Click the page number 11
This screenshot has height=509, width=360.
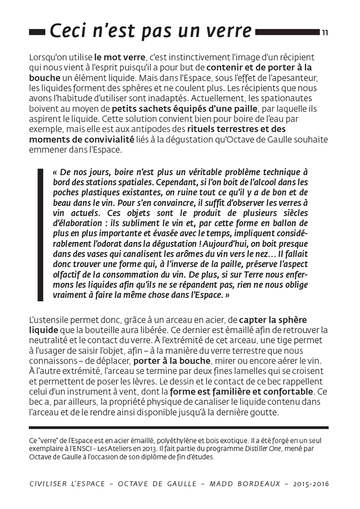click(325, 33)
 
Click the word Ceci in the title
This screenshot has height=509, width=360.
click(68, 32)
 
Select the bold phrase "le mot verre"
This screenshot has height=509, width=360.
click(120, 57)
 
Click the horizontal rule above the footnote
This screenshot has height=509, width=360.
click(178, 428)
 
